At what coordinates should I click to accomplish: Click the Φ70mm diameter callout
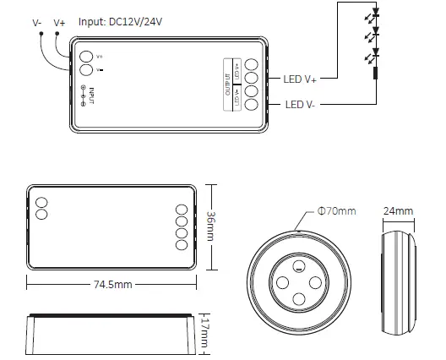tap(335, 210)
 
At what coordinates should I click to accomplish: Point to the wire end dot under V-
tap(38, 33)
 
